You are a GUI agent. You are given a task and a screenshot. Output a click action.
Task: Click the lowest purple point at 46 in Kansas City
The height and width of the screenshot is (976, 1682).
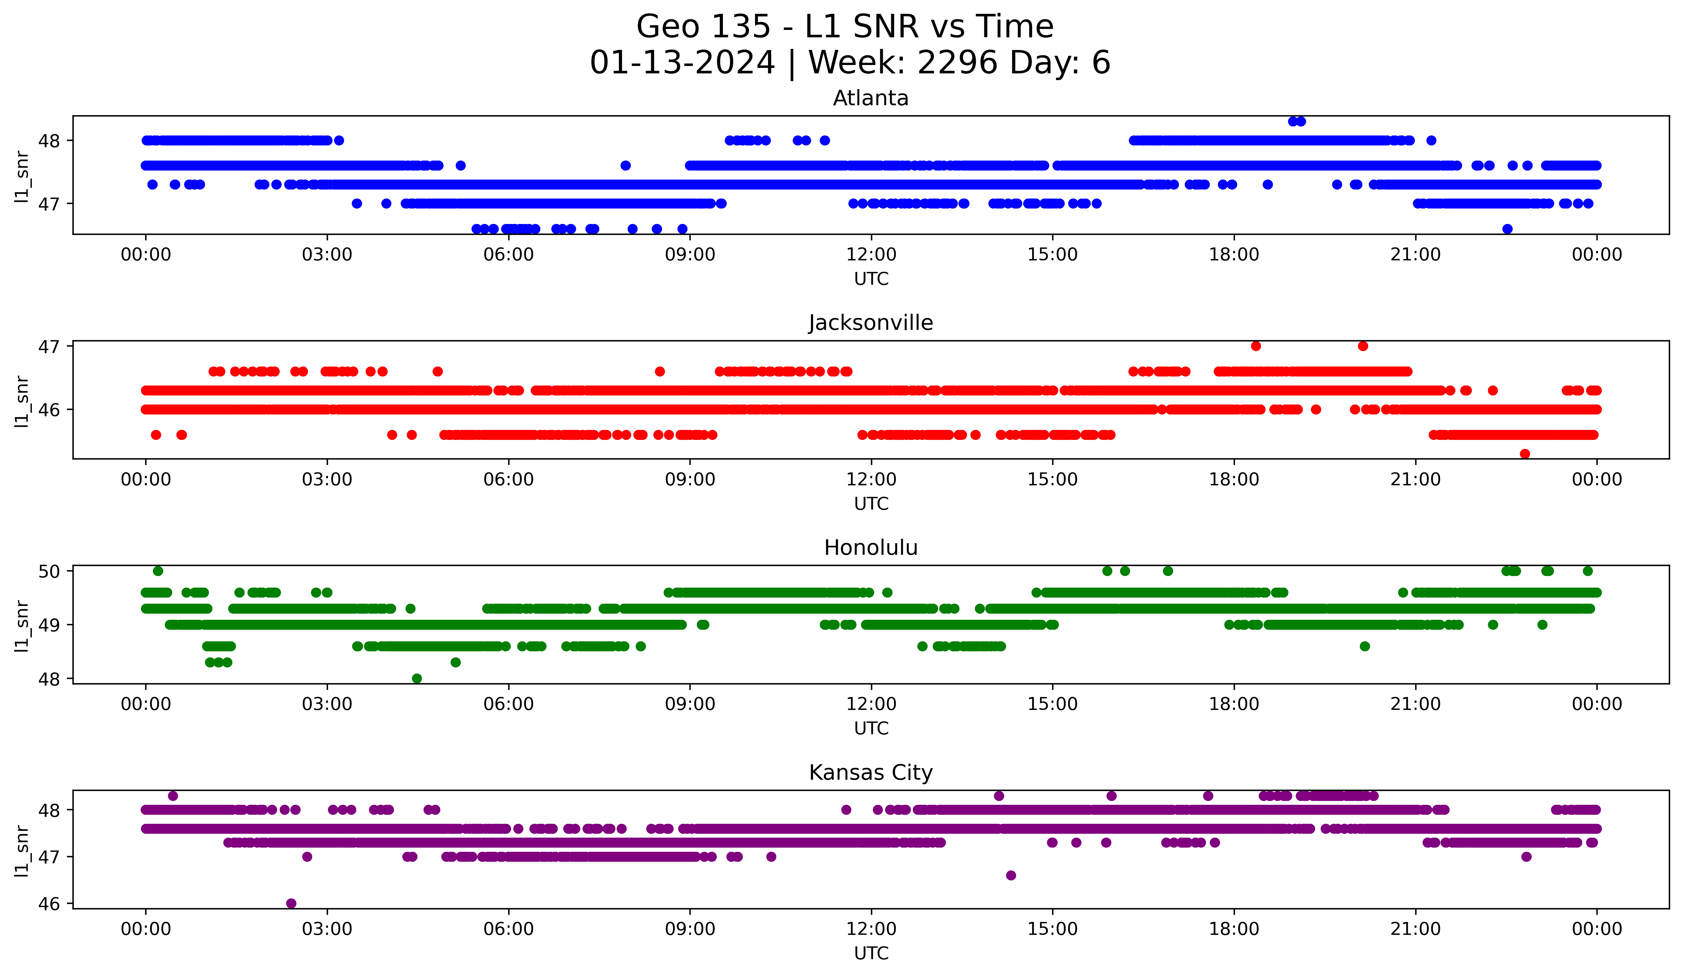(x=291, y=903)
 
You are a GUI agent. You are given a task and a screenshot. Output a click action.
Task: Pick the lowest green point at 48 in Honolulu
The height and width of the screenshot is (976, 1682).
(x=417, y=678)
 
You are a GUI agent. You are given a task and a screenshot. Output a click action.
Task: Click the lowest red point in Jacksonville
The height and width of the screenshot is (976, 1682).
(x=1525, y=454)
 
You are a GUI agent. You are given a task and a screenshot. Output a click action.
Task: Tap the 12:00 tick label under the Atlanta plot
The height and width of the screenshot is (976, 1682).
(x=871, y=255)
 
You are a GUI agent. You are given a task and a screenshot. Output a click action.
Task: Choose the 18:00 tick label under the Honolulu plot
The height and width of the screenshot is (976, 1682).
(x=1233, y=704)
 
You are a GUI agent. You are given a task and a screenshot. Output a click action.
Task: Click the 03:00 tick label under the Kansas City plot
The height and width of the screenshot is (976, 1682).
(x=327, y=929)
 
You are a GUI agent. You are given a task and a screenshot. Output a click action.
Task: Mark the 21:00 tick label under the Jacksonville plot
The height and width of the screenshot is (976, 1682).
(x=1415, y=480)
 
